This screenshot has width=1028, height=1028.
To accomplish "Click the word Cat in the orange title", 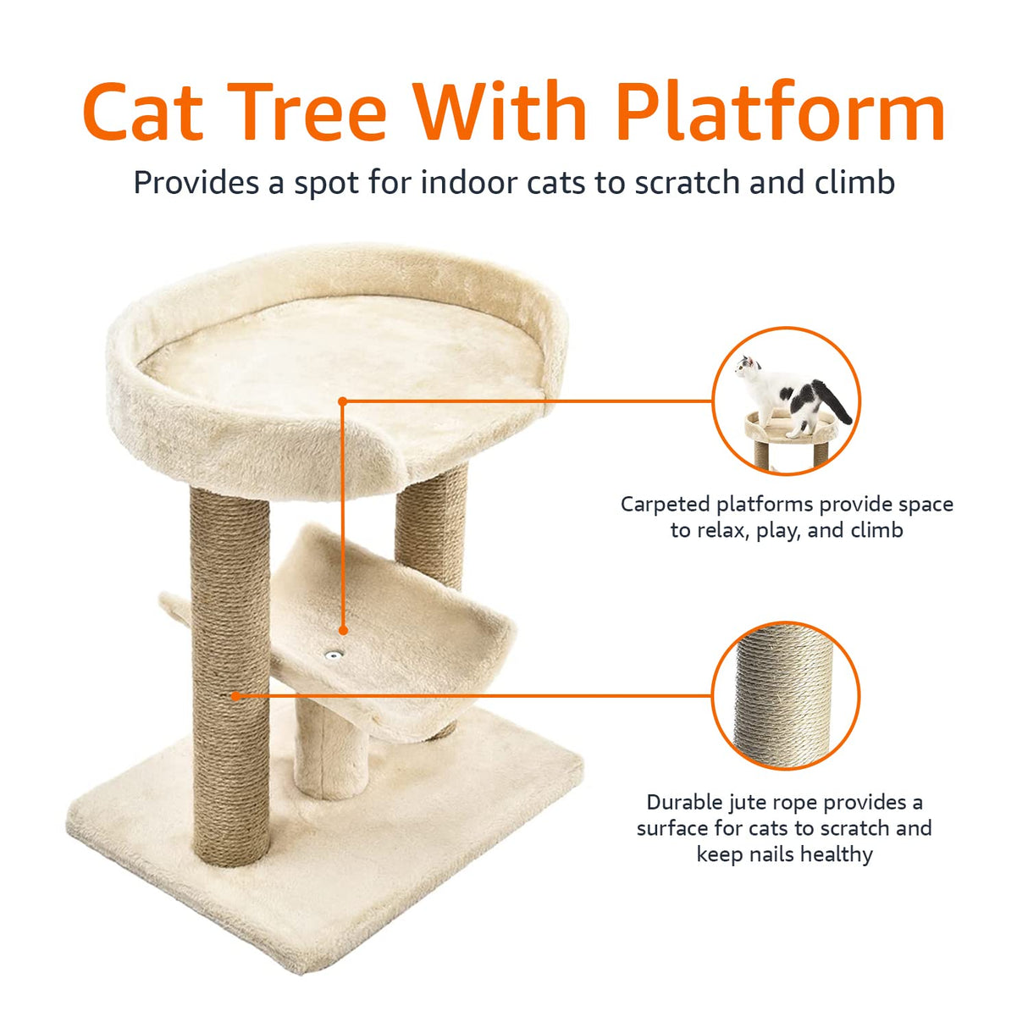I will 144,112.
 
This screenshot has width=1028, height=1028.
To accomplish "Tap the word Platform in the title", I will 780,112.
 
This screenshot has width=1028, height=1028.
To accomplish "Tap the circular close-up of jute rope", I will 785,695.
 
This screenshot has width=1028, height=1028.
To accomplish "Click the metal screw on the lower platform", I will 335,655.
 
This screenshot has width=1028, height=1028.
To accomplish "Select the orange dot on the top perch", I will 342,401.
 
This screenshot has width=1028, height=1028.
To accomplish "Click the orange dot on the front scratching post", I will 236,696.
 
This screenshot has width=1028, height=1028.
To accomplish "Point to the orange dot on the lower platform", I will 343,630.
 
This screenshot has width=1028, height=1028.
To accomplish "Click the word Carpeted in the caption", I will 666,505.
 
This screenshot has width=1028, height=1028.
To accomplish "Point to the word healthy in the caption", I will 836,854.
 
